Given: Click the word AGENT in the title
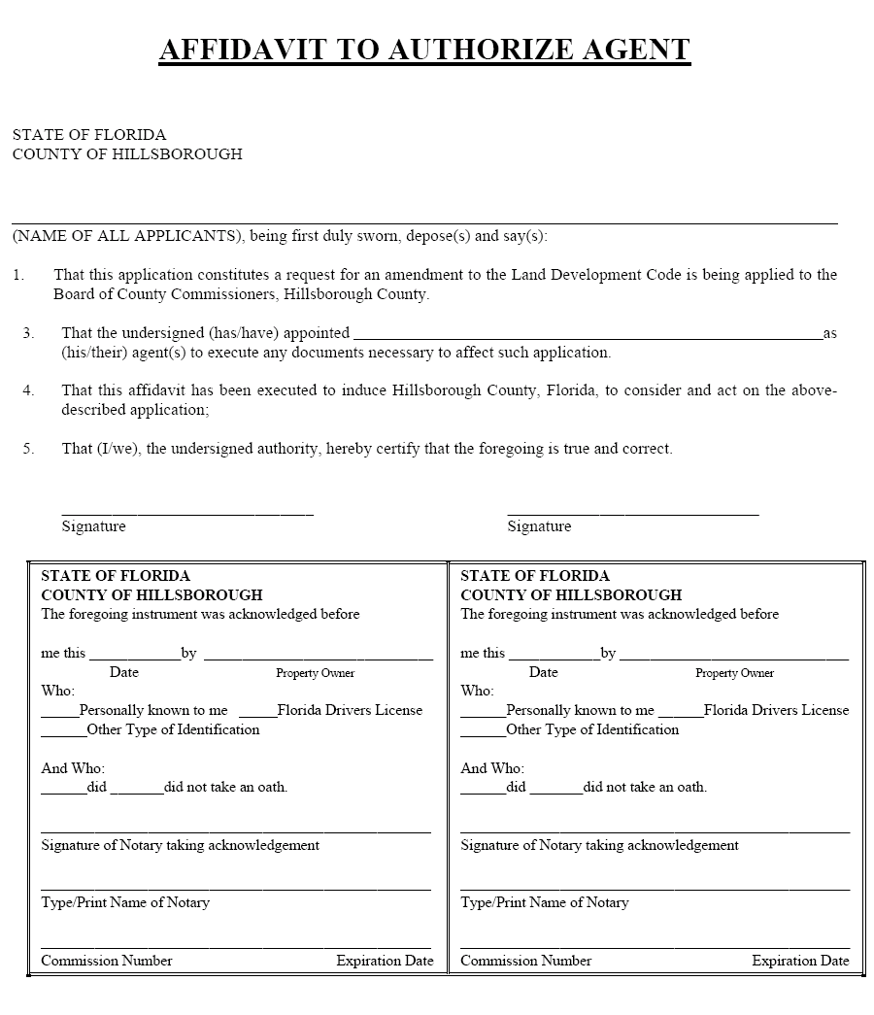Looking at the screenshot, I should point(636,49).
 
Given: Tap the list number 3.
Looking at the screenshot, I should point(28,333).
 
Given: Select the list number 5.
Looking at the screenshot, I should point(28,449).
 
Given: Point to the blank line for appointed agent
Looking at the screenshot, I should point(588,335).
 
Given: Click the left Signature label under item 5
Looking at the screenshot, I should point(93,526).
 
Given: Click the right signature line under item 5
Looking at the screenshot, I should point(632,512).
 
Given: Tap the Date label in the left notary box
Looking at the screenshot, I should point(123,672).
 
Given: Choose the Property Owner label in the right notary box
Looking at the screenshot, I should point(734,673).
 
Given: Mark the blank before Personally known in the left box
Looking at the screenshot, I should point(59,714).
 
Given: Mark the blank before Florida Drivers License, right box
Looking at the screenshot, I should point(686,714).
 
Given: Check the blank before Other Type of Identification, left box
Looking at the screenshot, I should point(63,733).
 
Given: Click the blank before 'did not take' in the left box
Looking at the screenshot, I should point(136,791).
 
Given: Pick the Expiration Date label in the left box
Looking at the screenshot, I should point(385,961).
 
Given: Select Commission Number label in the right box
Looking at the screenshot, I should point(525,961).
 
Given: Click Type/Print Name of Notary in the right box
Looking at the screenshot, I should point(544,902).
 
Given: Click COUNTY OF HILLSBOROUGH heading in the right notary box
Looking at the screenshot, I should point(571,594).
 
